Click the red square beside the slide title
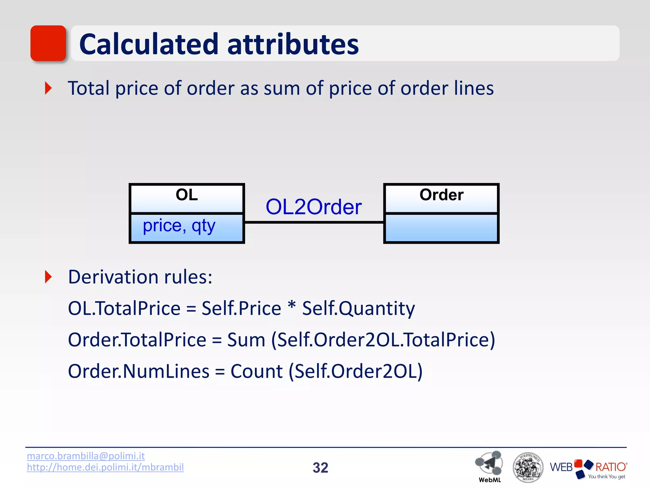coord(48,43)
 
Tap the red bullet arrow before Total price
coord(48,88)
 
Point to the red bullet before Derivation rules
coord(48,277)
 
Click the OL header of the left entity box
coord(187,195)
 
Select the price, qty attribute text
coord(179,226)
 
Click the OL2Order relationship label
coord(314,207)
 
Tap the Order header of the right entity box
coord(441,195)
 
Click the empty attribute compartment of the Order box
coord(441,228)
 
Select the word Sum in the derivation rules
coord(246,340)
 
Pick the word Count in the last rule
coord(256,371)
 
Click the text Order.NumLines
coord(139,371)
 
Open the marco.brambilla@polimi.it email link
coord(86,456)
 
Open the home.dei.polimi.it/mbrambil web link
coord(105,467)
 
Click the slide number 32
coord(320,468)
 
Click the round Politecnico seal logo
coord(528,467)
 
